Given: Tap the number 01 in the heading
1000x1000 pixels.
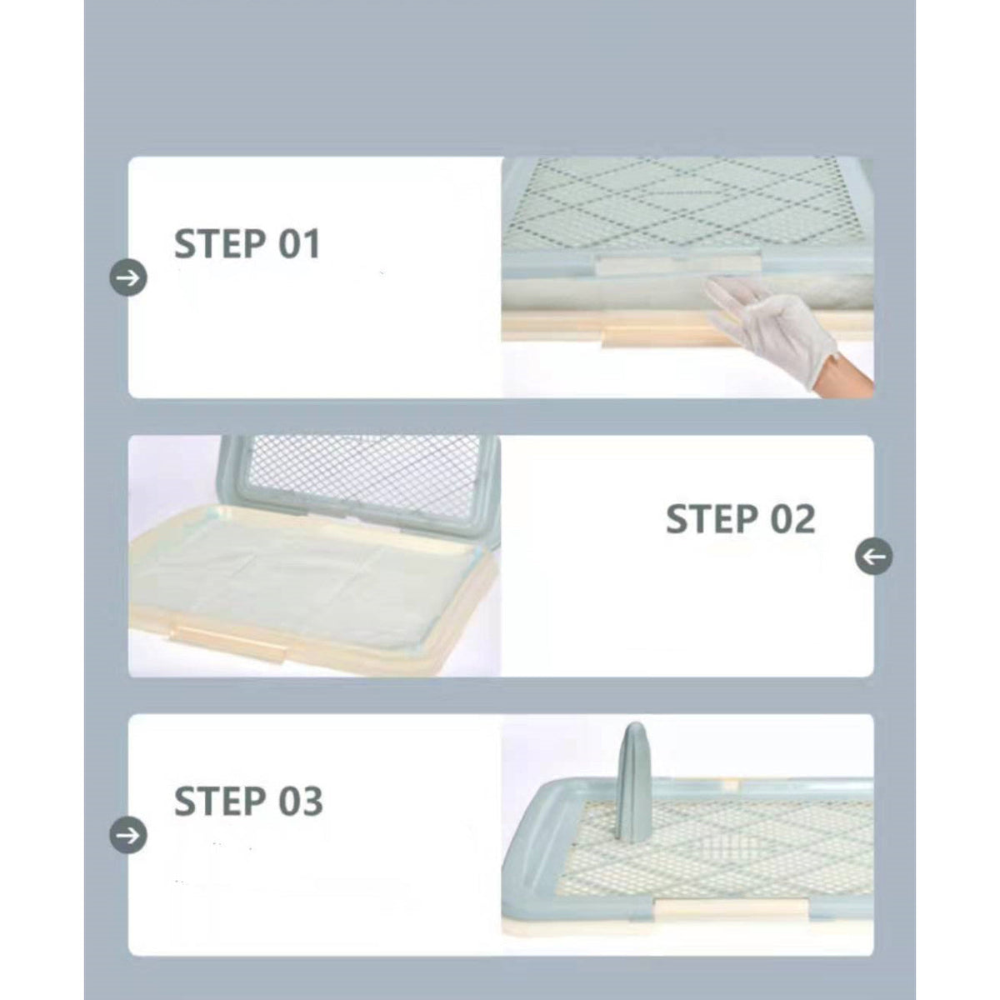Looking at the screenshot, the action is pyautogui.click(x=299, y=244).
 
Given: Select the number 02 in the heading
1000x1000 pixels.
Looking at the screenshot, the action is pyautogui.click(x=792, y=518).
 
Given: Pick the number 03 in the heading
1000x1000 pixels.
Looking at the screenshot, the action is pyautogui.click(x=301, y=802).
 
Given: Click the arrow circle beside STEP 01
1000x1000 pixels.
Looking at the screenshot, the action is pyautogui.click(x=128, y=278).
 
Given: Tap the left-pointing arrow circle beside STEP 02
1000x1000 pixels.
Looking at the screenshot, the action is pyautogui.click(x=874, y=557).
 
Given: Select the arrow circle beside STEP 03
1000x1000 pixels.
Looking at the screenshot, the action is pyautogui.click(x=128, y=836).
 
